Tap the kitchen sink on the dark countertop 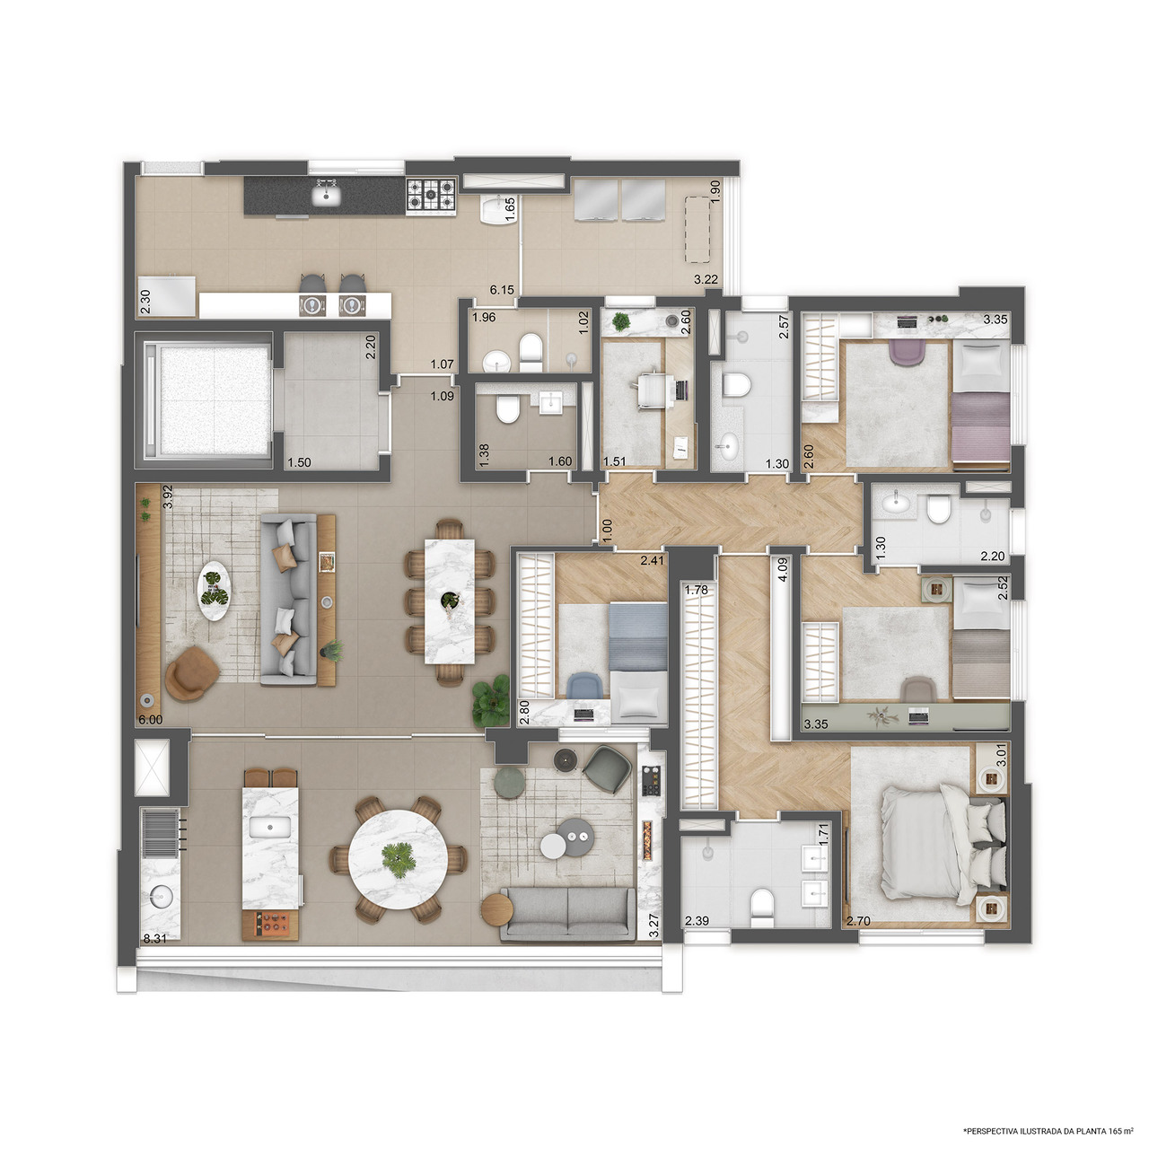coord(326,194)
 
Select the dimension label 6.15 coord(502,290)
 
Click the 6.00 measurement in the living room coord(150,719)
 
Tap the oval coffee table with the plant coord(214,592)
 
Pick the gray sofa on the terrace coord(567,914)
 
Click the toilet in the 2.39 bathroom coord(761,906)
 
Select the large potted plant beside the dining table coord(490,700)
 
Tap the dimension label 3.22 coord(706,279)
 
